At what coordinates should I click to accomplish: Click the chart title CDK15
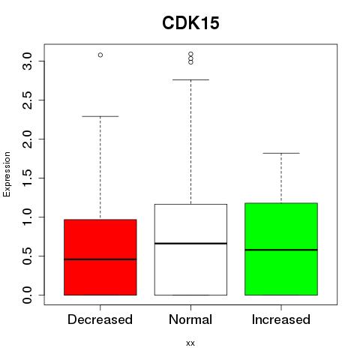click(190, 23)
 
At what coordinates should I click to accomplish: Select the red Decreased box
click(100, 257)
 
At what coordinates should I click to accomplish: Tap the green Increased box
click(281, 249)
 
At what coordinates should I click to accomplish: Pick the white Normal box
click(190, 250)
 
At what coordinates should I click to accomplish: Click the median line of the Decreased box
click(100, 259)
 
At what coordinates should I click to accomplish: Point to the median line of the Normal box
click(190, 243)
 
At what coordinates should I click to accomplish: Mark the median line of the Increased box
click(281, 250)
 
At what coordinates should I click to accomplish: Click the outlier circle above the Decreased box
click(100, 55)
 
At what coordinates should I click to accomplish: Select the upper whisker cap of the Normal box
click(190, 79)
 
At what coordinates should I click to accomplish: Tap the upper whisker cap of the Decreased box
click(100, 116)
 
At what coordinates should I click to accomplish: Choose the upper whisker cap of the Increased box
click(281, 153)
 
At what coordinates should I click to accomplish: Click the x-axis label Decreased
click(100, 319)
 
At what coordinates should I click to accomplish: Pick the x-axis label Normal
click(190, 319)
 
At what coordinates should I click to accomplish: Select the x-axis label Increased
click(281, 319)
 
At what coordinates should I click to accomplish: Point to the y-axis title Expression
click(7, 174)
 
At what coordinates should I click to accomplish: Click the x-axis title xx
click(190, 343)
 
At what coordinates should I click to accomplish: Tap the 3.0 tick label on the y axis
click(27, 61)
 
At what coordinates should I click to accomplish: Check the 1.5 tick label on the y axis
click(27, 178)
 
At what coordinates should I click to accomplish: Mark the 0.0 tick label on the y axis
click(27, 295)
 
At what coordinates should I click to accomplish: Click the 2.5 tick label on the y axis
click(27, 100)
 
